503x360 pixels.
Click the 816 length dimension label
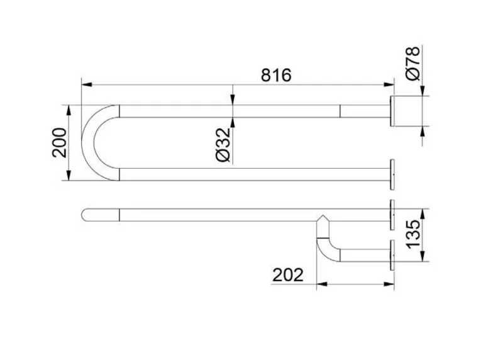pyautogui.click(x=276, y=75)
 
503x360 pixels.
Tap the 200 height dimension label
pyautogui.click(x=60, y=143)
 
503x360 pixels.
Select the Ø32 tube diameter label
pyautogui.click(x=223, y=145)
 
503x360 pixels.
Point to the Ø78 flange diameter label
pyautogui.click(x=412, y=64)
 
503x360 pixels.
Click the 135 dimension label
pyautogui.click(x=413, y=234)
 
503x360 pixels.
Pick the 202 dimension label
pyautogui.click(x=288, y=275)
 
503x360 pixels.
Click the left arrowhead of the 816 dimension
pyautogui.click(x=87, y=84)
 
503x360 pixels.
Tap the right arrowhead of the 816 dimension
pyautogui.click(x=389, y=84)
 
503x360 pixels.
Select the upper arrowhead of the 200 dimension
pyautogui.click(x=69, y=111)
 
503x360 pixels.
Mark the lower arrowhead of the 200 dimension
pyautogui.click(x=69, y=176)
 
